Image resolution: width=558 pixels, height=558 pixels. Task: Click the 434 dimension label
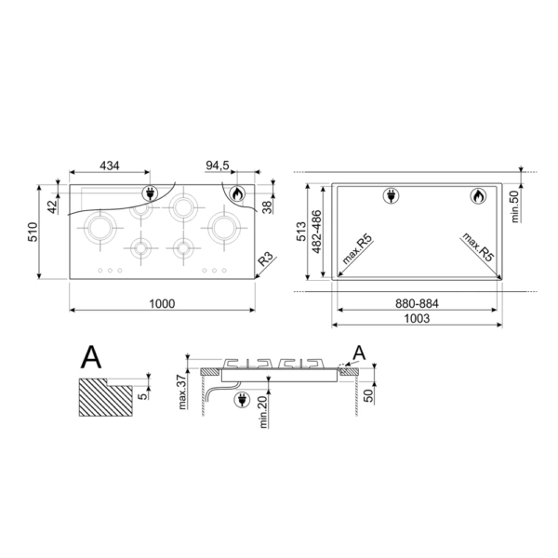point(110,166)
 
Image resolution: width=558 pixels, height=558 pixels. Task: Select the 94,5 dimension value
point(218,166)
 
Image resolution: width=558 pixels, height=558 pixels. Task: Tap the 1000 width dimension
point(162,304)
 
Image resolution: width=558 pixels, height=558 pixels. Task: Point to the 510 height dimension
point(33,232)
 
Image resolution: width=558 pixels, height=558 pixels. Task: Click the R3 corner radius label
point(265,259)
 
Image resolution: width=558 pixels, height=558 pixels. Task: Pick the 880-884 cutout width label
point(417,303)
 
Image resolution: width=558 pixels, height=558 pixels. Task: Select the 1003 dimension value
point(417,318)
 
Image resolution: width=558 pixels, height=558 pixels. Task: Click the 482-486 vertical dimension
point(316,232)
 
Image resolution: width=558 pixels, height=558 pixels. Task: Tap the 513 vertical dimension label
point(301,232)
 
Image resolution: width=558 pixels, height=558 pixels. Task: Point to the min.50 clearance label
point(515,206)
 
